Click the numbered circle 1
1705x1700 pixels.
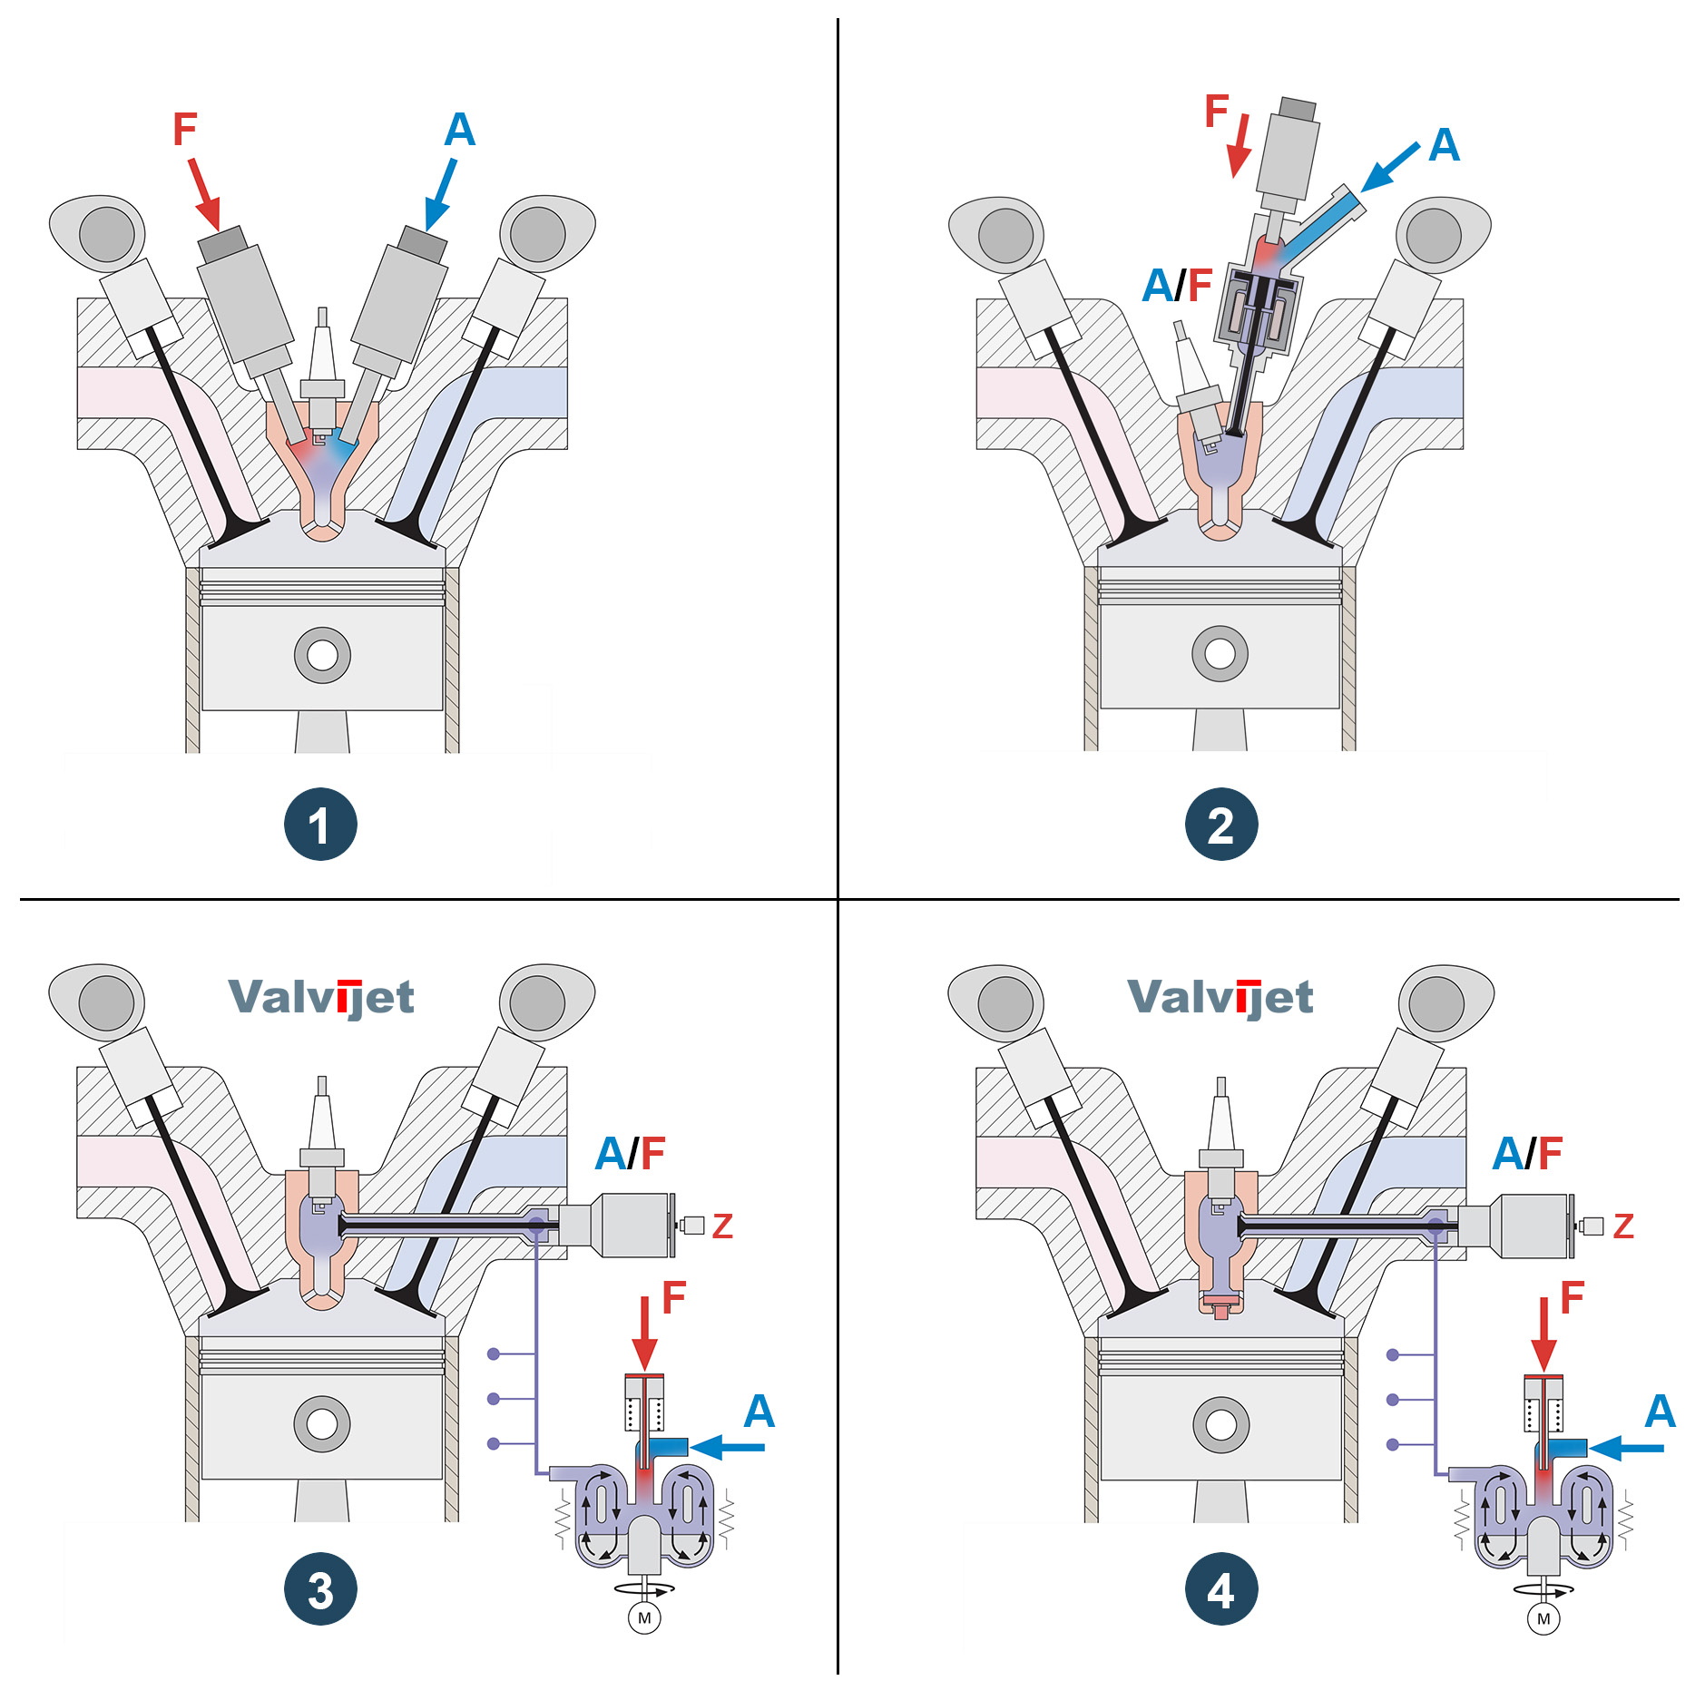click(320, 824)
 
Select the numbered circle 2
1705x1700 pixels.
click(1220, 824)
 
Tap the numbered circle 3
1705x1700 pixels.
click(320, 1589)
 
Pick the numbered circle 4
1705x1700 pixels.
click(1220, 1589)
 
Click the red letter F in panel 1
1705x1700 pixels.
click(185, 130)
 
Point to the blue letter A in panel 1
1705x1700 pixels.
click(459, 130)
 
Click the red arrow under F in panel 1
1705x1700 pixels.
click(205, 194)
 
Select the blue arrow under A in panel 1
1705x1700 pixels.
click(440, 194)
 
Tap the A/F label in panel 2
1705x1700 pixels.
click(1177, 285)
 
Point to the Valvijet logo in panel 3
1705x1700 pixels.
click(321, 998)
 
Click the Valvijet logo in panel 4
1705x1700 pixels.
click(1220, 998)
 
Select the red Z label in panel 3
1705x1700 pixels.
click(722, 1226)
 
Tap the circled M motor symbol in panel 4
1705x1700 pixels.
click(1543, 1619)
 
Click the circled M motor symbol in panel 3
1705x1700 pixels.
click(644, 1618)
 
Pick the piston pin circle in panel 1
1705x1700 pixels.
click(322, 655)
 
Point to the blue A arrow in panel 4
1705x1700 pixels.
click(1626, 1448)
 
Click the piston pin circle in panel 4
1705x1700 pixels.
click(1220, 1424)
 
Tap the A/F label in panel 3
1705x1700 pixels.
click(630, 1154)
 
